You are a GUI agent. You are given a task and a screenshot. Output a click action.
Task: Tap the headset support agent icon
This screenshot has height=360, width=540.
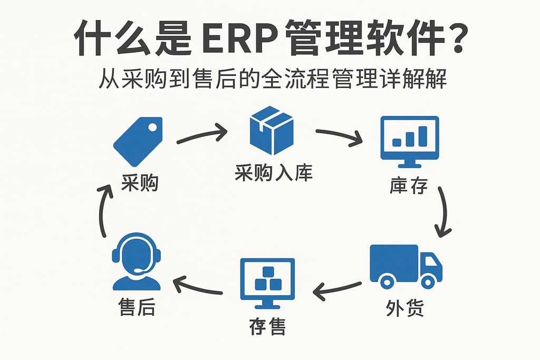(136, 262)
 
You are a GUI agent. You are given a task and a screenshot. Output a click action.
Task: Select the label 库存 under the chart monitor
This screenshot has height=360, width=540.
(409, 186)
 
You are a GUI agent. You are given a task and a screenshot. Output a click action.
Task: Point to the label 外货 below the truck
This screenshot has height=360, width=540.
(404, 308)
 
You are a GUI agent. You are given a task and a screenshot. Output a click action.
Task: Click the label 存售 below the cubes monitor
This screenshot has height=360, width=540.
(267, 327)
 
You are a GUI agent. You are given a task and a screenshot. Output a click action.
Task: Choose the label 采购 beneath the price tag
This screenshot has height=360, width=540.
(140, 184)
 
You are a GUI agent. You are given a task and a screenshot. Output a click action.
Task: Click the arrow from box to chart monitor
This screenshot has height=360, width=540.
(339, 135)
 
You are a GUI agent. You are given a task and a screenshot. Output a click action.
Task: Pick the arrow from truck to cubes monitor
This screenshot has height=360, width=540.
(339, 287)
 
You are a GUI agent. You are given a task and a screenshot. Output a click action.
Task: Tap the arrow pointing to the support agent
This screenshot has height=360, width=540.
(197, 285)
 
